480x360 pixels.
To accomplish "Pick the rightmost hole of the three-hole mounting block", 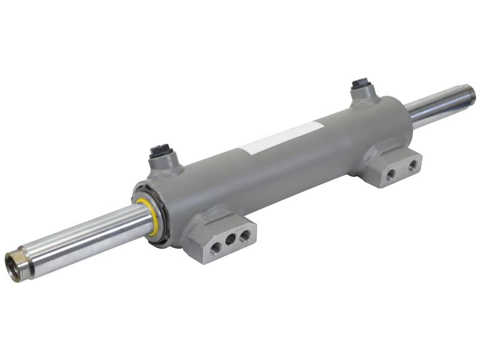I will (244, 235).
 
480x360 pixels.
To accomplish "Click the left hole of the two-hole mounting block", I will (391, 174).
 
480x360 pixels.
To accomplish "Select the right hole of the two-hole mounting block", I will (413, 164).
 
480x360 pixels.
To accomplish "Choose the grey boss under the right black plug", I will (364, 95).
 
